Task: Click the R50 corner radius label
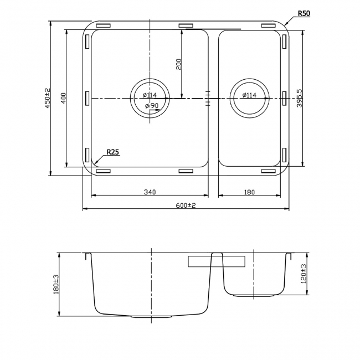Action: [302, 13]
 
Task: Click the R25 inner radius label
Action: [112, 151]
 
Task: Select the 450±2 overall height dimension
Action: [47, 99]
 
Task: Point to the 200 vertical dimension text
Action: [178, 64]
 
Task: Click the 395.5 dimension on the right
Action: [299, 98]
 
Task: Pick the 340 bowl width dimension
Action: [149, 192]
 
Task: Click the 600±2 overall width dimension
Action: [186, 205]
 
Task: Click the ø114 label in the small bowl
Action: [249, 95]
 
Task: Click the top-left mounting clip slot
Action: [104, 25]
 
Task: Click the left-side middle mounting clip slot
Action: [87, 97]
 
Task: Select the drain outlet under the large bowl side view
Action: [151, 317]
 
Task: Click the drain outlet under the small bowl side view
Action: [253, 296]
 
